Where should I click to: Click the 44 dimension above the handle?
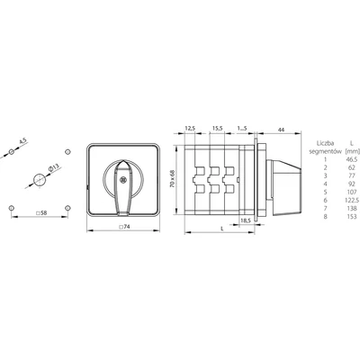(x=282, y=130)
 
